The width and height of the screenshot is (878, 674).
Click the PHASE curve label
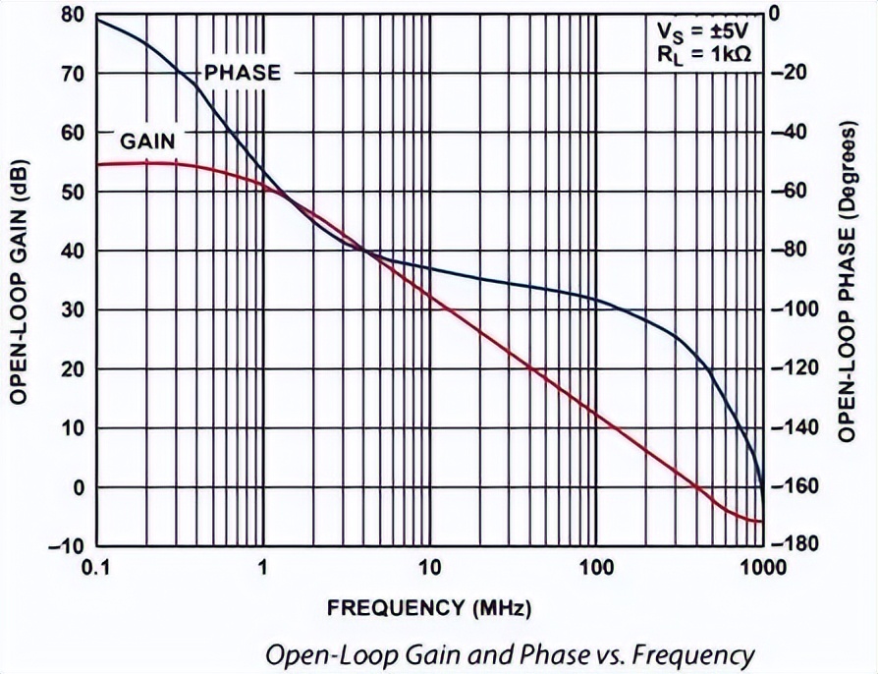(242, 73)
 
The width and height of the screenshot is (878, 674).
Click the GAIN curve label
(147, 140)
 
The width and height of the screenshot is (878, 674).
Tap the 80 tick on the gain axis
(71, 15)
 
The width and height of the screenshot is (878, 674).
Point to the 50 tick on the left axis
(71, 192)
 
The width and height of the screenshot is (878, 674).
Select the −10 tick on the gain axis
(65, 546)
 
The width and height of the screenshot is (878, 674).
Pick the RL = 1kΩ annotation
(704, 55)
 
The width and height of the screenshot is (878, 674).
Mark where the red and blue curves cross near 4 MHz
(366, 251)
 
